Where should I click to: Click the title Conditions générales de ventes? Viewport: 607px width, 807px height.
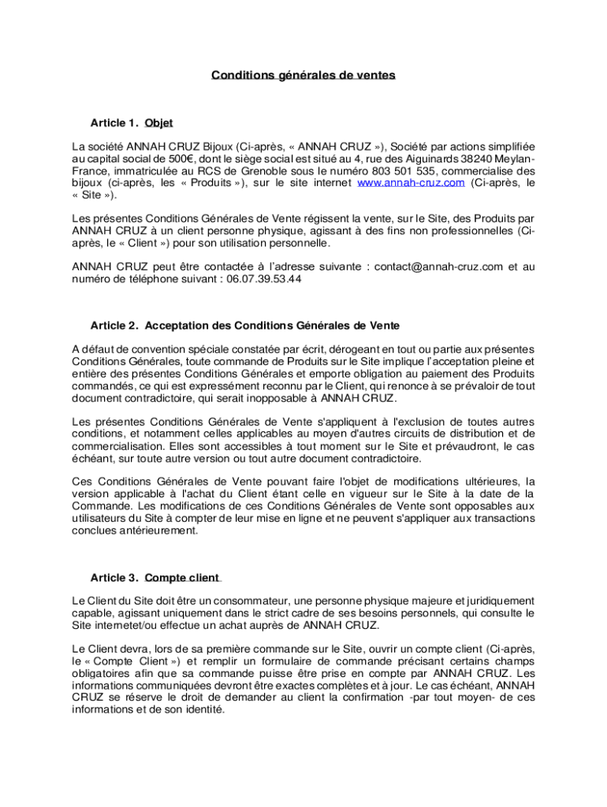pyautogui.click(x=303, y=76)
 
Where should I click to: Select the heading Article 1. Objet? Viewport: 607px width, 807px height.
pyautogui.click(x=132, y=123)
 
